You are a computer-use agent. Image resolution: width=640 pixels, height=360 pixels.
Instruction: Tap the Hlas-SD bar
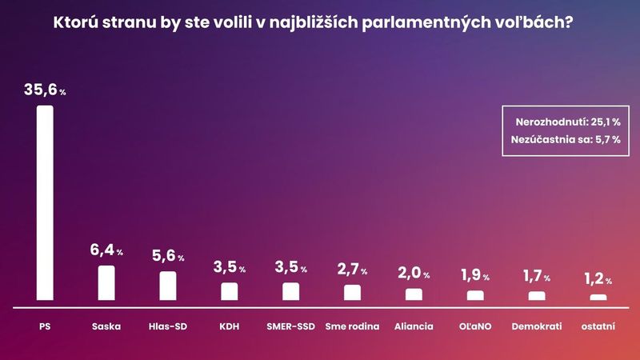168,286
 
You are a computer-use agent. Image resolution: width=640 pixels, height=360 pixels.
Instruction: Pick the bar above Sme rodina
352,292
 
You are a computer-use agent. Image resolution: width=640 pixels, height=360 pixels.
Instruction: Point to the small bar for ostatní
598,297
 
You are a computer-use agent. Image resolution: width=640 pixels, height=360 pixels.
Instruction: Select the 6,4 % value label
106,251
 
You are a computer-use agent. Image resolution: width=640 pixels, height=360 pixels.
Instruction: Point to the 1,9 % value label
475,275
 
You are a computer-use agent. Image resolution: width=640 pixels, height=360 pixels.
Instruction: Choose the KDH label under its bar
230,326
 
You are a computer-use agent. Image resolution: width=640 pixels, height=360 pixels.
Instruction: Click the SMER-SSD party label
290,326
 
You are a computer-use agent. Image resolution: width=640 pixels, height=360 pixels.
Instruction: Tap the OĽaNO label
475,326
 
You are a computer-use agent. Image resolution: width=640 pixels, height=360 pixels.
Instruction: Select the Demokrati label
537,326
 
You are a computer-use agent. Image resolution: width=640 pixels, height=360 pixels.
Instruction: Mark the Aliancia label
414,326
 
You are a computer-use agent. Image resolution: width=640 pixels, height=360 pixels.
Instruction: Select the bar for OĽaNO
475,295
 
